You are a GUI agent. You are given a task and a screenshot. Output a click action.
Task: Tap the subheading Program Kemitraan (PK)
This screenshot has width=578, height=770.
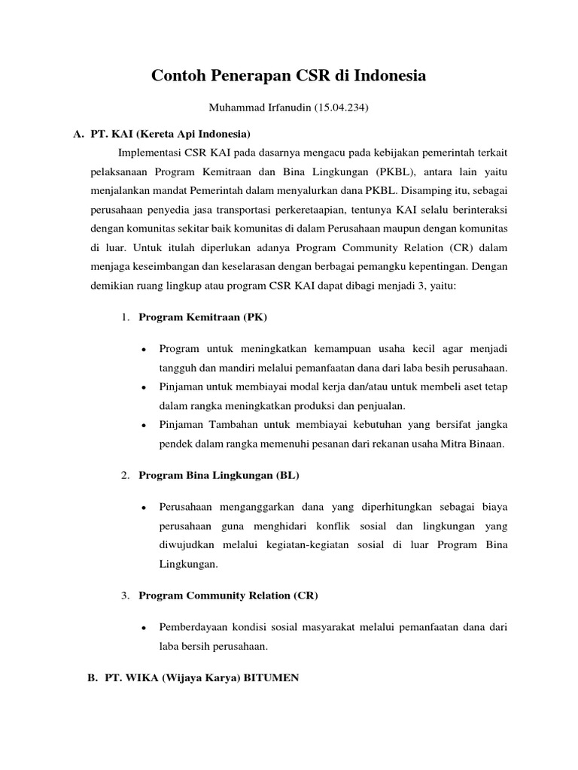point(202,317)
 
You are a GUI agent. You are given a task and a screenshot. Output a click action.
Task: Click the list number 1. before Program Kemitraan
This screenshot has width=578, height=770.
point(125,317)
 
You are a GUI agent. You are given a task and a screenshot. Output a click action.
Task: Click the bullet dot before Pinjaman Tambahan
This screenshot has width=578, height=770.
point(143,426)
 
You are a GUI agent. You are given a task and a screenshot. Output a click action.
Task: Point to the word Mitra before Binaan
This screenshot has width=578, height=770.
point(452,444)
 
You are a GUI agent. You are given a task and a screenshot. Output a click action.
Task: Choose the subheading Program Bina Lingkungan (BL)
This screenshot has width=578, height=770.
point(220,475)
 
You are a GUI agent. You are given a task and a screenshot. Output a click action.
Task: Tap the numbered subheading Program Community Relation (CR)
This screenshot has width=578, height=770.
point(228,596)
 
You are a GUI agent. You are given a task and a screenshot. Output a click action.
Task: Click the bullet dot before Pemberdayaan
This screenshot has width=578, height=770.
point(143,627)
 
